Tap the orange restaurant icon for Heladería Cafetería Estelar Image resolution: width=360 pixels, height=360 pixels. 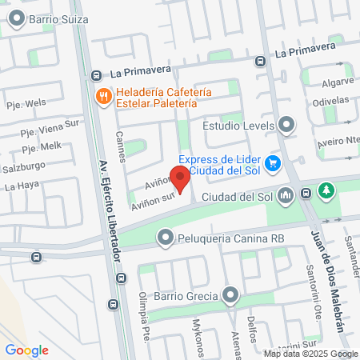coord(103,97)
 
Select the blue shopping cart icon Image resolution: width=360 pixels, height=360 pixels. coord(273,163)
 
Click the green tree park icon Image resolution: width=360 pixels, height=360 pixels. coord(326,191)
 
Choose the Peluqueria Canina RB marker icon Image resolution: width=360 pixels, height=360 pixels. coord(165,238)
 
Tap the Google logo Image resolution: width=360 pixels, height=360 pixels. coord(26,350)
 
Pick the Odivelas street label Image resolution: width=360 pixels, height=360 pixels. coord(331,102)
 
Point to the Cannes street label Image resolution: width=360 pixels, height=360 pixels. coord(121,146)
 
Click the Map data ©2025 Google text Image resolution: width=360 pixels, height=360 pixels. coord(311,354)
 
